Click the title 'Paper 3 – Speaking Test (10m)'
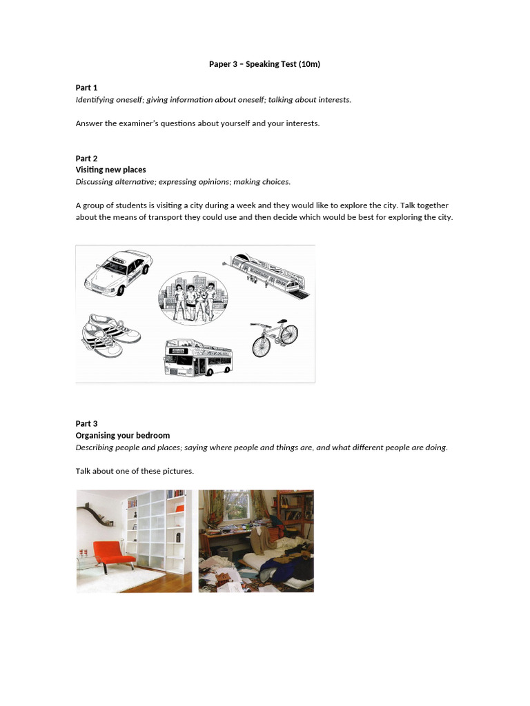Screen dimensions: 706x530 264,64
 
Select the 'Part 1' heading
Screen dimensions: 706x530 86,88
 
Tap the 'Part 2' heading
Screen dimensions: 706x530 86,159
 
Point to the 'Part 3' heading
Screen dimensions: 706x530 86,423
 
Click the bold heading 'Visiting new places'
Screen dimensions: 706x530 110,170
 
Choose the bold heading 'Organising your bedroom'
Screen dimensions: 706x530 122,435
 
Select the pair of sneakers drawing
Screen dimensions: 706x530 111,335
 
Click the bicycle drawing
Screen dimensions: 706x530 274,338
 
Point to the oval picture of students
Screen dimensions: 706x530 192,298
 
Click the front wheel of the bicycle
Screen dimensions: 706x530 289,334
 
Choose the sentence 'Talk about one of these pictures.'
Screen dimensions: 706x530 135,471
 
